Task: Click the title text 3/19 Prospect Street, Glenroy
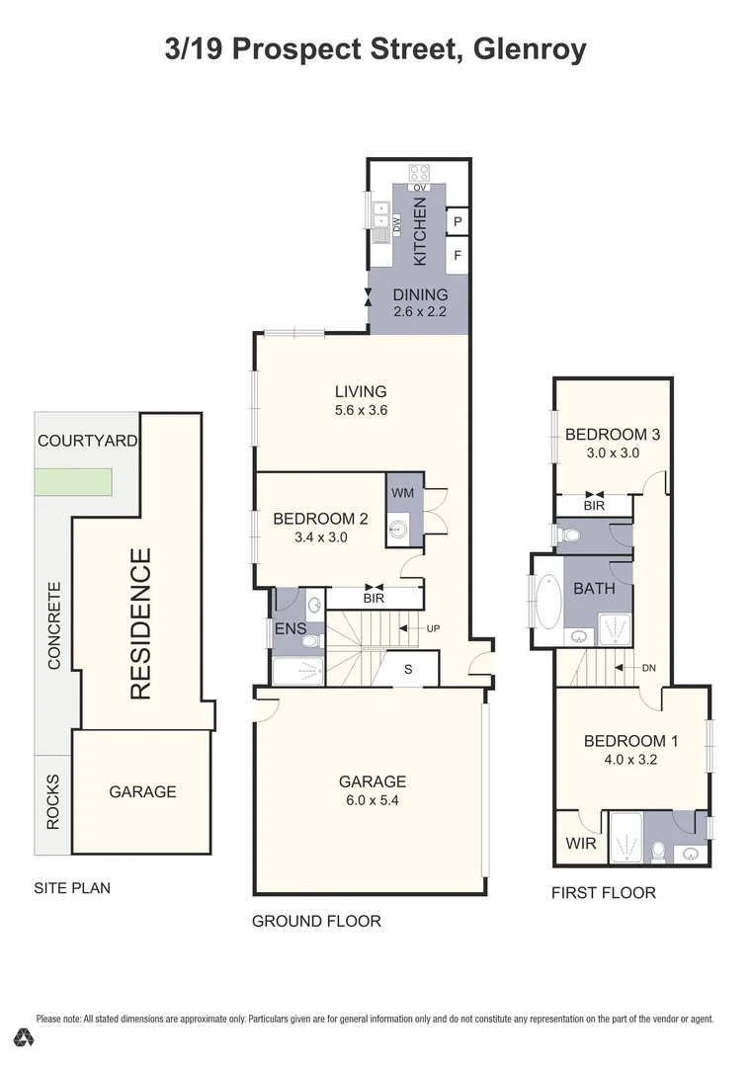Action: click(x=376, y=49)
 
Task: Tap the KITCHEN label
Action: click(x=420, y=230)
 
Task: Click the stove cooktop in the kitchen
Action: click(x=419, y=172)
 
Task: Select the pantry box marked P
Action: click(x=458, y=222)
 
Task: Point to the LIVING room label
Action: click(x=359, y=391)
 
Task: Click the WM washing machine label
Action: click(x=402, y=491)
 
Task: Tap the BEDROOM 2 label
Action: click(x=320, y=519)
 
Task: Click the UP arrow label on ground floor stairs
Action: click(x=432, y=628)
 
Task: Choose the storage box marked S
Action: click(x=408, y=669)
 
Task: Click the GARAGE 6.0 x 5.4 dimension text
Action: click(x=370, y=799)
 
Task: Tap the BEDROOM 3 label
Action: click(x=612, y=434)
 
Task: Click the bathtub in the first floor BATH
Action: click(x=545, y=602)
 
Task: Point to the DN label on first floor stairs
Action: click(x=648, y=668)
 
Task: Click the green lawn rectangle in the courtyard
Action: click(x=74, y=482)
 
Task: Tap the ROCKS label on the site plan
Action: click(x=53, y=804)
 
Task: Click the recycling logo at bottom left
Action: click(x=24, y=1037)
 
